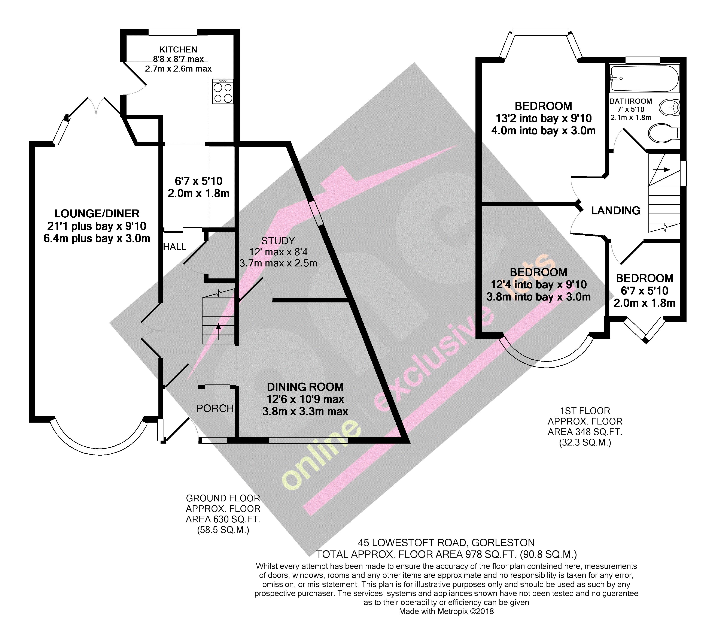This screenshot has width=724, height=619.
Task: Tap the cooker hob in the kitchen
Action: (223, 92)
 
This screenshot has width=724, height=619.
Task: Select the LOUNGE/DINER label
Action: (97, 214)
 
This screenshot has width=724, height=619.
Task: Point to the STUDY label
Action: (278, 241)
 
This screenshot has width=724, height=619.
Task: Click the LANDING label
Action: (616, 210)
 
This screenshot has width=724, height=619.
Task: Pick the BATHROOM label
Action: (631, 101)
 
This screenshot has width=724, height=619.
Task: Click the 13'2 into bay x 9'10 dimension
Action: (543, 118)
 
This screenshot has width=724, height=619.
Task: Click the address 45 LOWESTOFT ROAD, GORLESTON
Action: (446, 543)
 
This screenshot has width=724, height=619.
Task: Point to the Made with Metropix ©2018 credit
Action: (446, 611)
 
